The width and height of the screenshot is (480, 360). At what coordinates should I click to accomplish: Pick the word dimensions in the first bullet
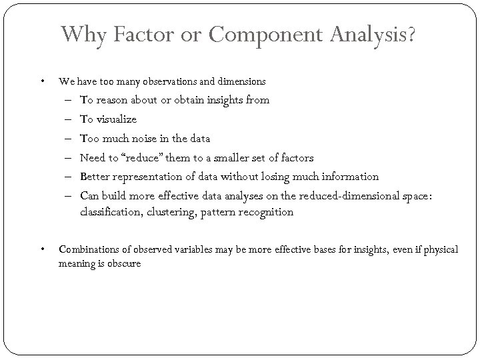(x=239, y=82)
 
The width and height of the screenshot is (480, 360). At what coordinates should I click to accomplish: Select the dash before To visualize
(x=69, y=119)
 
